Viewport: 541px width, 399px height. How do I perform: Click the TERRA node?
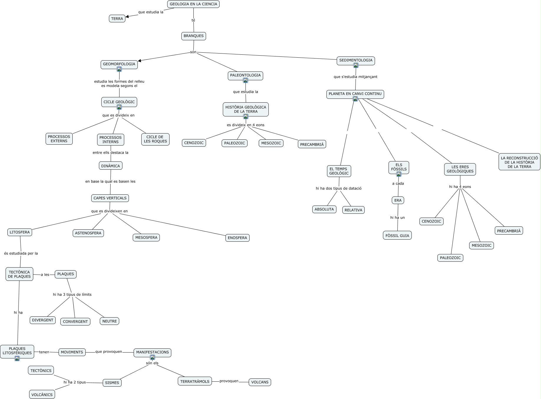pos(117,19)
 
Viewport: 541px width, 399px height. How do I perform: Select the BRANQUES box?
pos(193,36)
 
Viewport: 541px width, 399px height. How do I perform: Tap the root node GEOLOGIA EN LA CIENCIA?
pos(193,4)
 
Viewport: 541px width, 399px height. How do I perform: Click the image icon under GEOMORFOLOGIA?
pos(119,69)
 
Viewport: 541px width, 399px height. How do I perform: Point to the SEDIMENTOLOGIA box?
pos(356,60)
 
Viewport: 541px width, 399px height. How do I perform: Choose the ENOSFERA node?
pos(237,238)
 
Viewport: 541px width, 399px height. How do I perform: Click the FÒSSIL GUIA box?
pos(397,236)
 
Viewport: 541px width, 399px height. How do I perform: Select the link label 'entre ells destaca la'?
pos(110,153)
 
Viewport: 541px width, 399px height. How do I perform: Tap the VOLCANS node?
pos(260,382)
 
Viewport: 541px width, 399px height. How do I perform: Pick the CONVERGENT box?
pos(75,321)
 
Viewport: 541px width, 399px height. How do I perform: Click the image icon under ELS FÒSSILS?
pos(399,174)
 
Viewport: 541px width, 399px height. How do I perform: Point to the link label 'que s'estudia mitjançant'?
pos(355,77)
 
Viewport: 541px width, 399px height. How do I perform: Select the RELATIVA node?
pos(353,210)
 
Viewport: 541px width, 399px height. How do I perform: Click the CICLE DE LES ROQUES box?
pos(155,139)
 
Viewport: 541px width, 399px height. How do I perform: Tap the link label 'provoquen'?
pos(229,381)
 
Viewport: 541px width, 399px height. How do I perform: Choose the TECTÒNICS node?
pos(41,370)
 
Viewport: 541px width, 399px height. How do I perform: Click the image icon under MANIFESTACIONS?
pos(152,358)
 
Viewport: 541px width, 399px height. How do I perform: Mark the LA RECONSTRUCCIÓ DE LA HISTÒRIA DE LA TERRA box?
pos(519,162)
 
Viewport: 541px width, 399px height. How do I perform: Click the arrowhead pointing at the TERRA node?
pos(127,16)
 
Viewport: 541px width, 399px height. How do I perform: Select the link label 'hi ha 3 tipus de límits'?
pos(72,294)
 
